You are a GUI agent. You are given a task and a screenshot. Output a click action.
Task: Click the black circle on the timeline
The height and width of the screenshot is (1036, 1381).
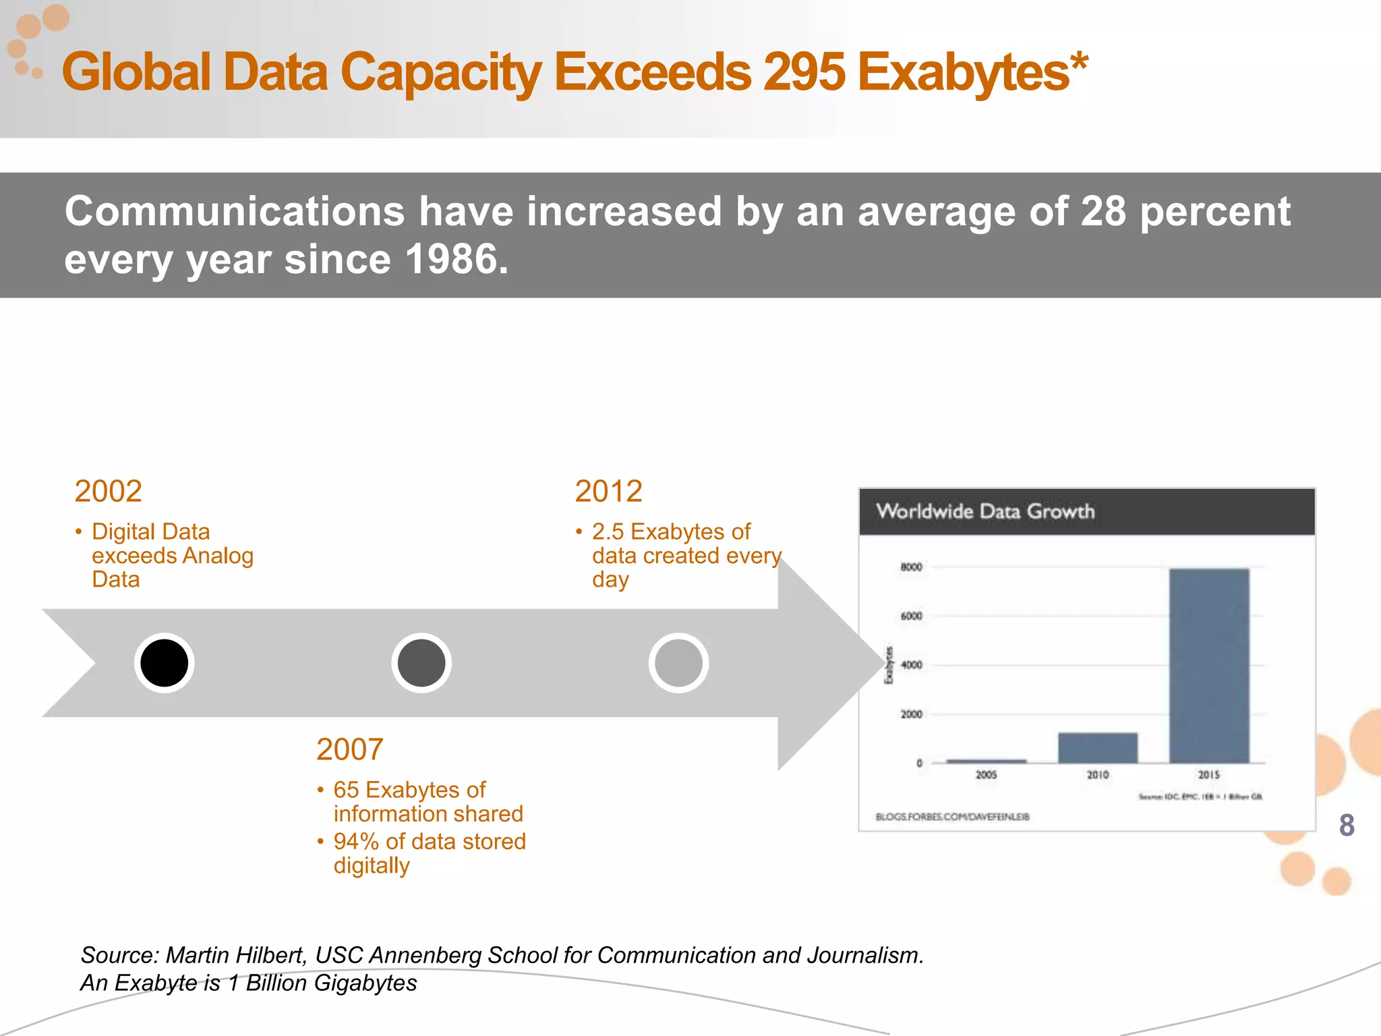[164, 663]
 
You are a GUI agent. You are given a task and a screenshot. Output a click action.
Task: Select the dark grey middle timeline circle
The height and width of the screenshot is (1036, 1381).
[421, 663]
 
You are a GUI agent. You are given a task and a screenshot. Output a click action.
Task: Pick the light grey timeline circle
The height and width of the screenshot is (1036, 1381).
[678, 663]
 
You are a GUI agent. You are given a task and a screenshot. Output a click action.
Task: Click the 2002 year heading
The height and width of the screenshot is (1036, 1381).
[108, 491]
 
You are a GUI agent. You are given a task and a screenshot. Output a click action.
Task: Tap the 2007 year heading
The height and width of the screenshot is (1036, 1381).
[349, 749]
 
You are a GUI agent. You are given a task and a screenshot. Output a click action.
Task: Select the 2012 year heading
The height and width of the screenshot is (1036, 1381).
[608, 491]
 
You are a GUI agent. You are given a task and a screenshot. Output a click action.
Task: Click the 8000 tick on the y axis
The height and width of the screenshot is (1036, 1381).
[911, 567]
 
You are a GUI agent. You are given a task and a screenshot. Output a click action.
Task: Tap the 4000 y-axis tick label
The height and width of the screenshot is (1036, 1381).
[911, 665]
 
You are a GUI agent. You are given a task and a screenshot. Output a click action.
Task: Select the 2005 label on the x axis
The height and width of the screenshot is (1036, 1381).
[986, 775]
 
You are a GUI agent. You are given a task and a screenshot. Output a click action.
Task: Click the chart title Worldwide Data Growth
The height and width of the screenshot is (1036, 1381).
[985, 511]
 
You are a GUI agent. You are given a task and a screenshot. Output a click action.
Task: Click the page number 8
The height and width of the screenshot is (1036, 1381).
[1346, 825]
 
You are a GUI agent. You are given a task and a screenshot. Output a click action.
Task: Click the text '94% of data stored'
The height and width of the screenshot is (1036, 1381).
[429, 842]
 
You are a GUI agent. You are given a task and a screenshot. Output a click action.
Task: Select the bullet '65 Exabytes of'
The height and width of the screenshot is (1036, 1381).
[409, 790]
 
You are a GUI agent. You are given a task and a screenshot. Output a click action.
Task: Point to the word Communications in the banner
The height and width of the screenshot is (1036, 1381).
[234, 211]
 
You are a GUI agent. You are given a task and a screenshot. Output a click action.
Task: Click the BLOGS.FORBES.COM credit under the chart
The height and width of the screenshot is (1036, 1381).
[951, 817]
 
